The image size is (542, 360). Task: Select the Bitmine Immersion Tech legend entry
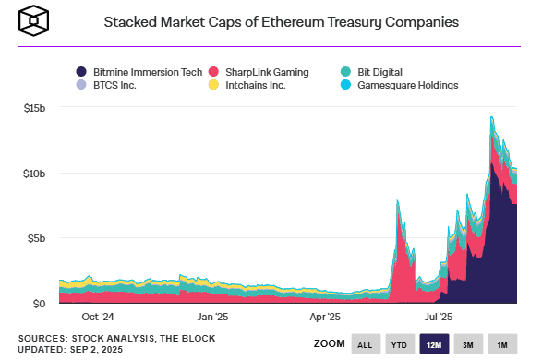[139, 71]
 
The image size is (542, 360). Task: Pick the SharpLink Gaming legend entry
[262, 71]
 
